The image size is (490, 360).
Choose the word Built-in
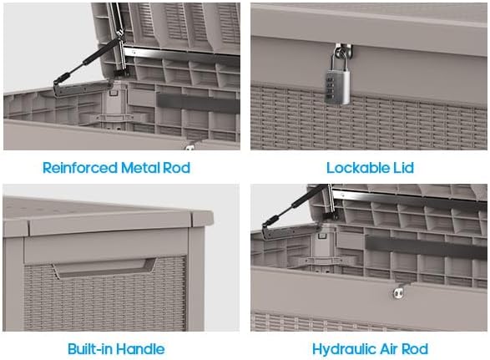pos(94,348)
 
